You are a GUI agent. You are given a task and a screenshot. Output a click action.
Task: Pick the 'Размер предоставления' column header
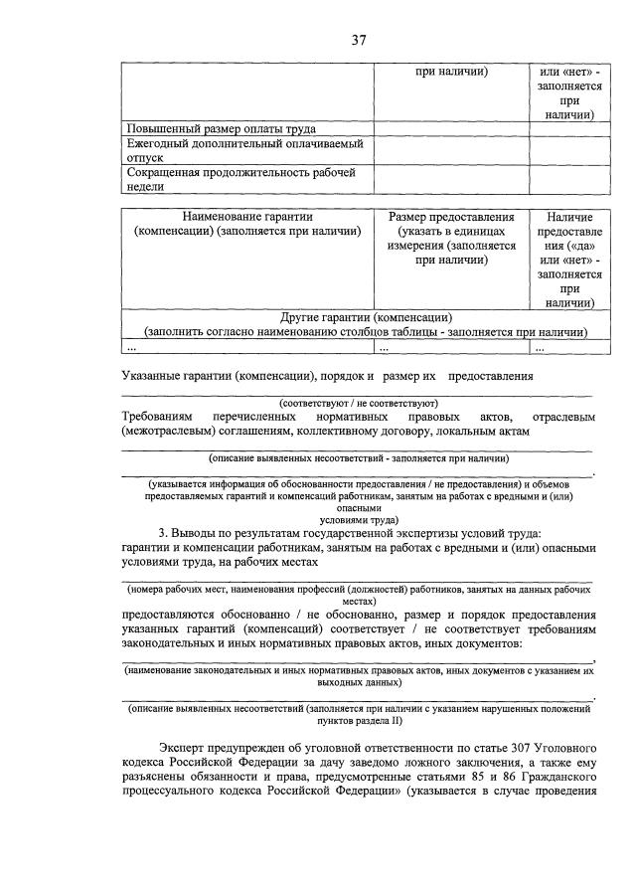click(x=451, y=217)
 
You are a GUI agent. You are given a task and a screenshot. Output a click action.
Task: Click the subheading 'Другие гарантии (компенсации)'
click(x=366, y=317)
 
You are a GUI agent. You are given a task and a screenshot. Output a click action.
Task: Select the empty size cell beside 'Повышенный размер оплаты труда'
click(x=451, y=129)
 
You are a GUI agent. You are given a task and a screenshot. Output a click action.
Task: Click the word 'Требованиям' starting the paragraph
click(x=159, y=417)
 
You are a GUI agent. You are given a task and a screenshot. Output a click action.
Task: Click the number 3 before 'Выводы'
click(x=163, y=534)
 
